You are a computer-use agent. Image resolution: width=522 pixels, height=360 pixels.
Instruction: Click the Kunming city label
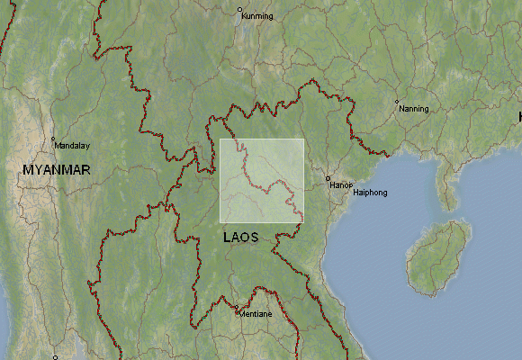tap(257, 16)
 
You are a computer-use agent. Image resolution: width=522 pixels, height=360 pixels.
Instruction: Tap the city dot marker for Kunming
tap(240, 10)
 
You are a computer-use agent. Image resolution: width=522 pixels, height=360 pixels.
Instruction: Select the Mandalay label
tap(72, 145)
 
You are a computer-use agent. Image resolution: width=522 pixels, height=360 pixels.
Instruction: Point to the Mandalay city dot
tap(53, 139)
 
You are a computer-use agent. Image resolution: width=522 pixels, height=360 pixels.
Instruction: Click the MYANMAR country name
tap(57, 169)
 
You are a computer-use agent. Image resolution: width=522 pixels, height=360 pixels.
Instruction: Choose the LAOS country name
tap(240, 238)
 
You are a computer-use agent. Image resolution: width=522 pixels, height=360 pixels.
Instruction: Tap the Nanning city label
tap(414, 109)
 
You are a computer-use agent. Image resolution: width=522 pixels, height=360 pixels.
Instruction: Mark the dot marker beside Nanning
tap(397, 102)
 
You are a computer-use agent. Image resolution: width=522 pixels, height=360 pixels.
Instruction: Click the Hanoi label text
tap(342, 184)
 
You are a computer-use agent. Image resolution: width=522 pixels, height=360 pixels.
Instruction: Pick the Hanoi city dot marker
tap(328, 177)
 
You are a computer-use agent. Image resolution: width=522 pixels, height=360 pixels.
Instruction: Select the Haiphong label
tap(370, 193)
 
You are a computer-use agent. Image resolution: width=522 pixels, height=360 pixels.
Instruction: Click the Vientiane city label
tap(255, 314)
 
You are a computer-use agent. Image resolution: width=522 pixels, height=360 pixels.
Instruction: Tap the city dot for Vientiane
tap(238, 312)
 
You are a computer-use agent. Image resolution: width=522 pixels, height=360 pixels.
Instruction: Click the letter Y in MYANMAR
tap(40, 169)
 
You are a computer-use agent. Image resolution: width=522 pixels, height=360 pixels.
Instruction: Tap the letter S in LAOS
tap(254, 238)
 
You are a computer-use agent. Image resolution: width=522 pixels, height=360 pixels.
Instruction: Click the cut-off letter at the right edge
tap(519, 117)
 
